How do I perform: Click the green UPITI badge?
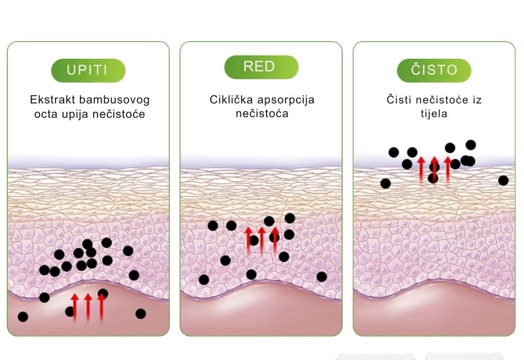click(x=88, y=70)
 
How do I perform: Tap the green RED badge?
click(x=261, y=67)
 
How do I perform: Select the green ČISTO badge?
click(x=434, y=70)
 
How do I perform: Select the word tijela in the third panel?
click(x=434, y=113)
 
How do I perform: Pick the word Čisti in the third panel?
click(x=399, y=99)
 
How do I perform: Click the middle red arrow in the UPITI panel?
click(x=88, y=307)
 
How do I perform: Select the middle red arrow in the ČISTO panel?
click(x=434, y=170)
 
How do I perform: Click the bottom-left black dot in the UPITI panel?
click(x=23, y=317)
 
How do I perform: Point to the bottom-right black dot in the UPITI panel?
click(x=141, y=314)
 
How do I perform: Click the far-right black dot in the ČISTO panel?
click(x=503, y=181)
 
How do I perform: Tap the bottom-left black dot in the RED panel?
click(x=204, y=279)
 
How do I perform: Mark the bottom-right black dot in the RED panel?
click(x=322, y=276)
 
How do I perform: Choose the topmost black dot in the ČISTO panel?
click(x=470, y=145)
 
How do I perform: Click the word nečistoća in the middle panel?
click(x=262, y=113)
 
